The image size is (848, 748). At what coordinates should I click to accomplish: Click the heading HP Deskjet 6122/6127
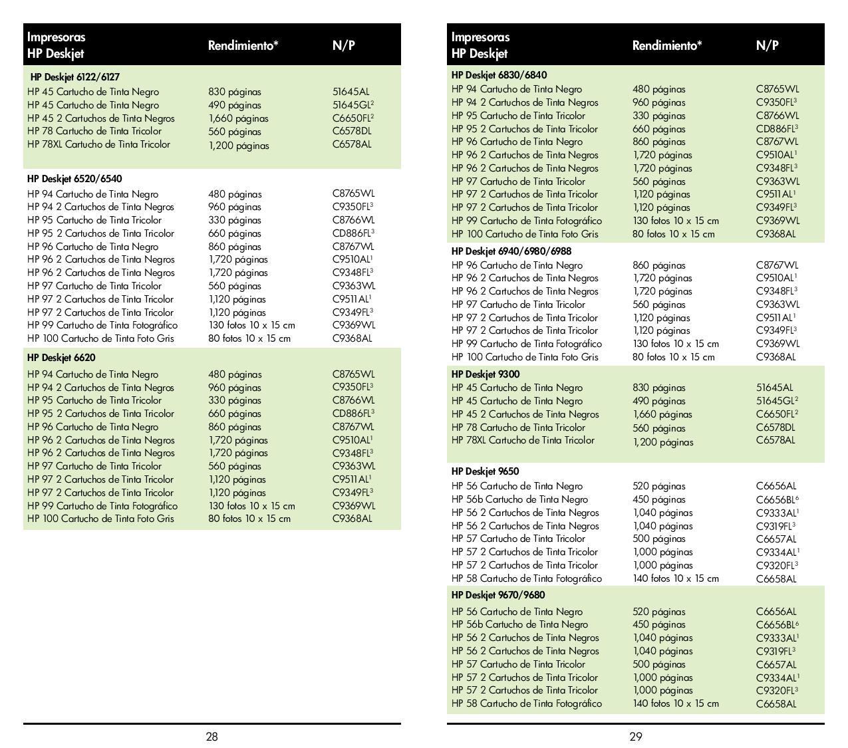pyautogui.click(x=75, y=77)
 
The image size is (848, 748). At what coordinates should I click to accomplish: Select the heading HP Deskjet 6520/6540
pyautogui.click(x=74, y=179)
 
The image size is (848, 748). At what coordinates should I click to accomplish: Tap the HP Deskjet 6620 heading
pyautogui.click(x=61, y=358)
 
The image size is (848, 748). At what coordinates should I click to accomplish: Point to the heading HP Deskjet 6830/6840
pyautogui.click(x=499, y=75)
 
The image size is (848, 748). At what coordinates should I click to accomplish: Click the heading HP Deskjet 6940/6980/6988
pyautogui.click(x=511, y=251)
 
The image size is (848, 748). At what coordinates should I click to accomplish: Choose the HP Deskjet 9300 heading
pyautogui.click(x=486, y=374)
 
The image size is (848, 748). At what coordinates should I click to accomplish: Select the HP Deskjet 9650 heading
pyautogui.click(x=486, y=471)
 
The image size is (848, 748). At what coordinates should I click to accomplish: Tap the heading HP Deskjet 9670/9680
pyautogui.click(x=498, y=595)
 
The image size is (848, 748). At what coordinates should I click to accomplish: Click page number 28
pyautogui.click(x=212, y=736)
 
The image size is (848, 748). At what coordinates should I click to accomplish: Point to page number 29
pyautogui.click(x=636, y=736)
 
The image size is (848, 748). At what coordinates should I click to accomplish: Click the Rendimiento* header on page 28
pyautogui.click(x=243, y=46)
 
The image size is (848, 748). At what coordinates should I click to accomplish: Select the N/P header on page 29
pyautogui.click(x=767, y=46)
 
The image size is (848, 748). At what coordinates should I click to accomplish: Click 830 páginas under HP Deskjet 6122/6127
pyautogui.click(x=235, y=92)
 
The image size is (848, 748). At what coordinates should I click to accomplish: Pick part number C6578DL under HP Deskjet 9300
pyautogui.click(x=776, y=428)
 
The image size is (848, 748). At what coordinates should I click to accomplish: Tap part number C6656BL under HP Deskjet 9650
pyautogui.click(x=776, y=499)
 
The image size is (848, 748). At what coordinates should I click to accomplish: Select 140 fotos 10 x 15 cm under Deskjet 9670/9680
pyautogui.click(x=675, y=703)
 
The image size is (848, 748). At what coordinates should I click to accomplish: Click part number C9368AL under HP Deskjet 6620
pyautogui.click(x=352, y=519)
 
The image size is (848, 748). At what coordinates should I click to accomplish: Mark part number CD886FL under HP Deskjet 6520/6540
pyautogui.click(x=352, y=233)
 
